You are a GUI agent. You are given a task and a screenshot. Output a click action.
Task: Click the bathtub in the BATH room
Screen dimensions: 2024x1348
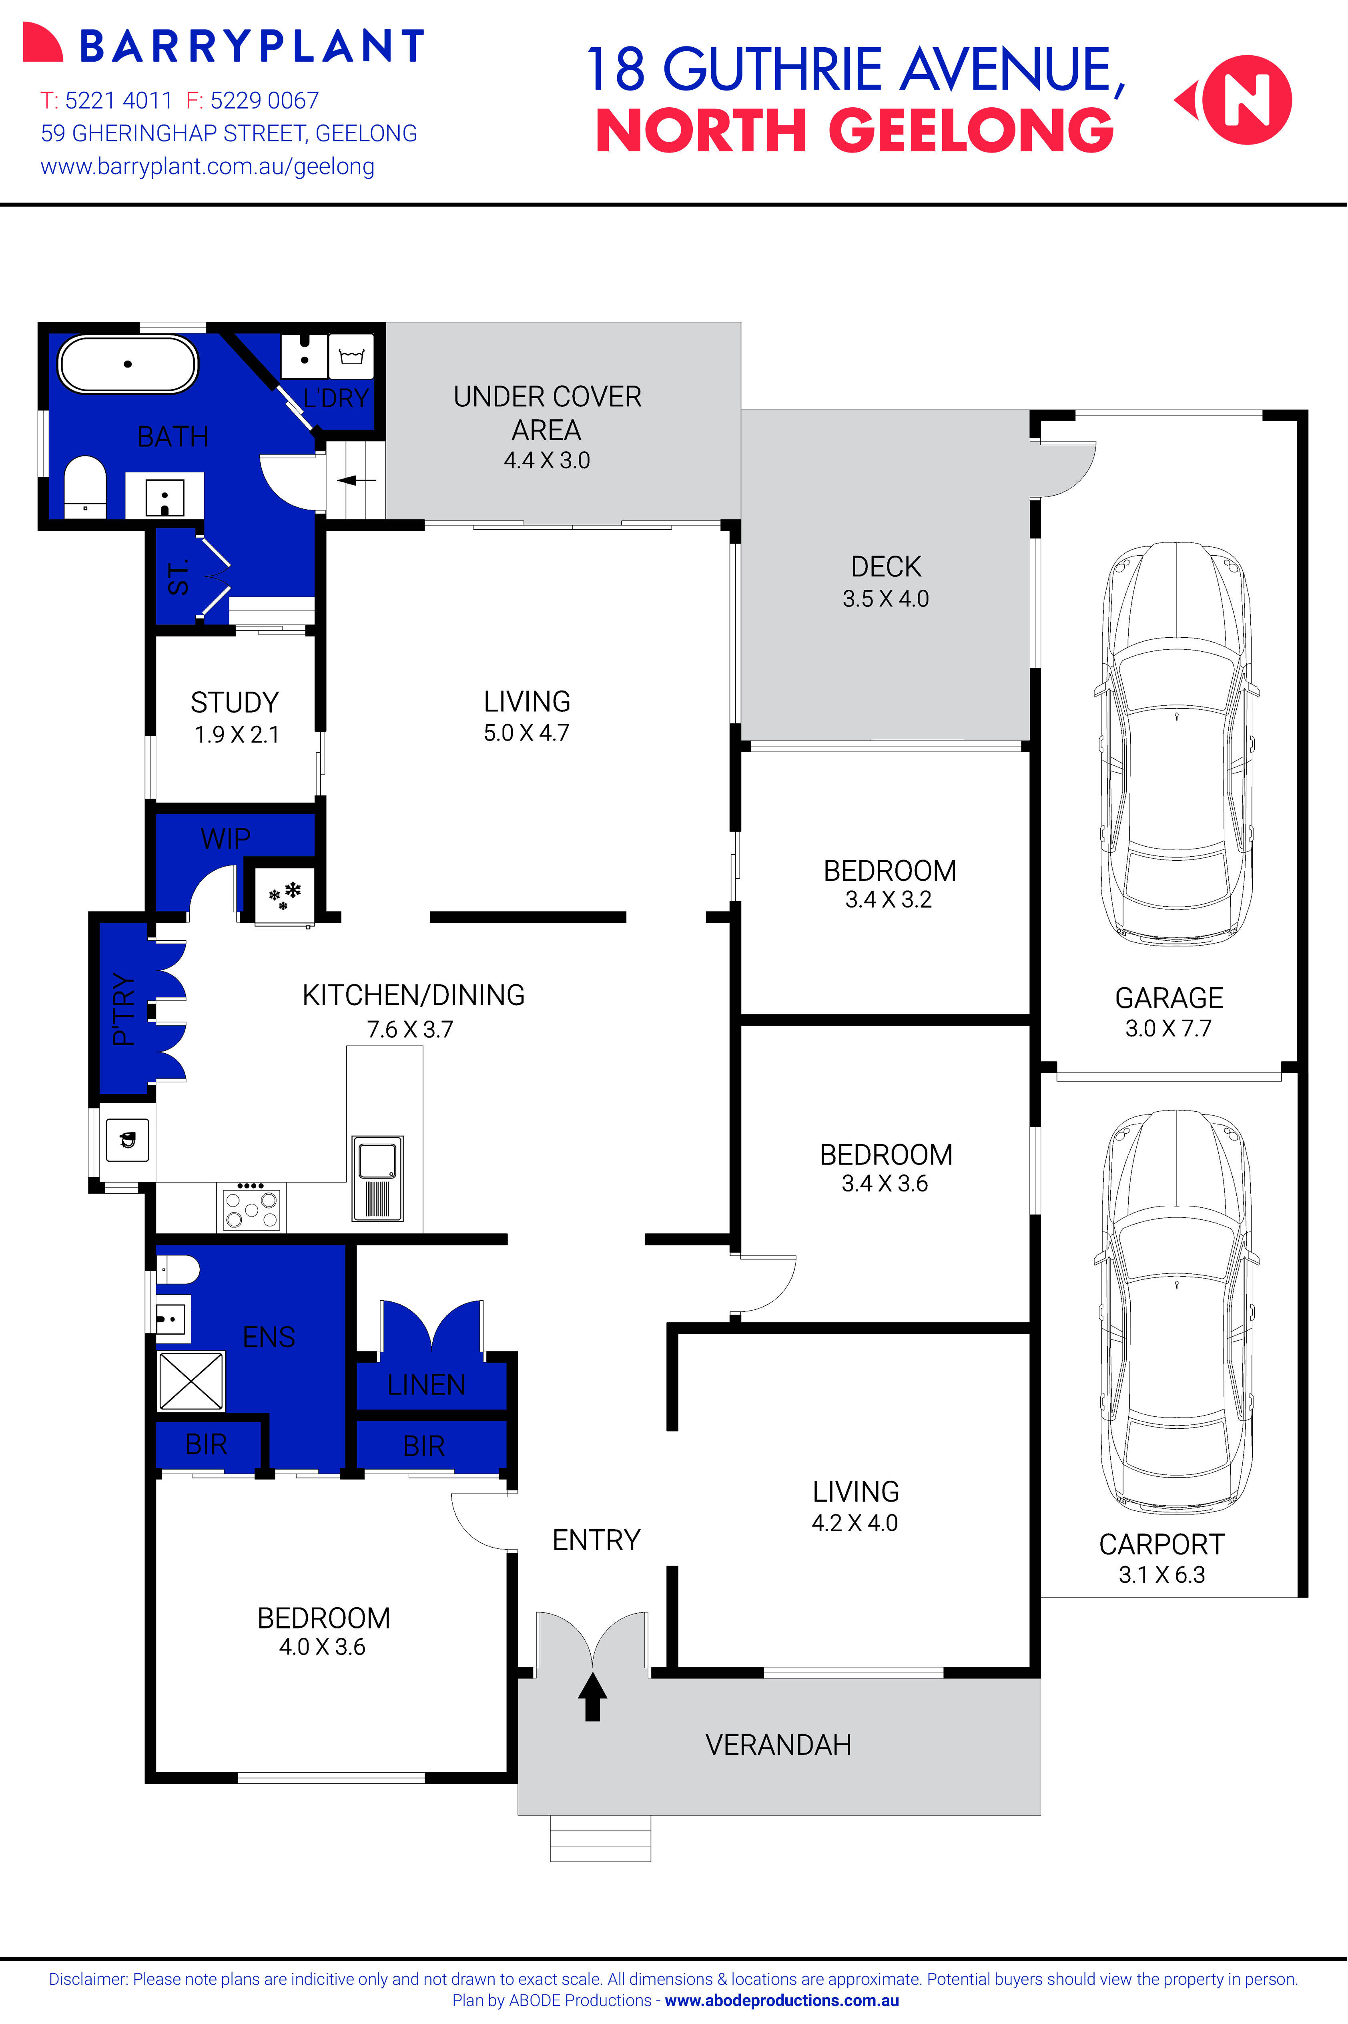(128, 364)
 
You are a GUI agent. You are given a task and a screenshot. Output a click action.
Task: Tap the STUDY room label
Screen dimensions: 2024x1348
(235, 703)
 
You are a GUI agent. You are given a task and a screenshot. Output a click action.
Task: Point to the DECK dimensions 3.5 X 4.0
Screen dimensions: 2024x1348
(885, 598)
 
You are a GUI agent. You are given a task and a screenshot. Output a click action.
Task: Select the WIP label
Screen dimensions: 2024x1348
(225, 838)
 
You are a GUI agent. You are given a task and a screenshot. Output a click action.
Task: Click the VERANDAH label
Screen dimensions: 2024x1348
(778, 1745)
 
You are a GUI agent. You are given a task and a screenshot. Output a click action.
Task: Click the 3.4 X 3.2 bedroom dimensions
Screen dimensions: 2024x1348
(888, 900)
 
